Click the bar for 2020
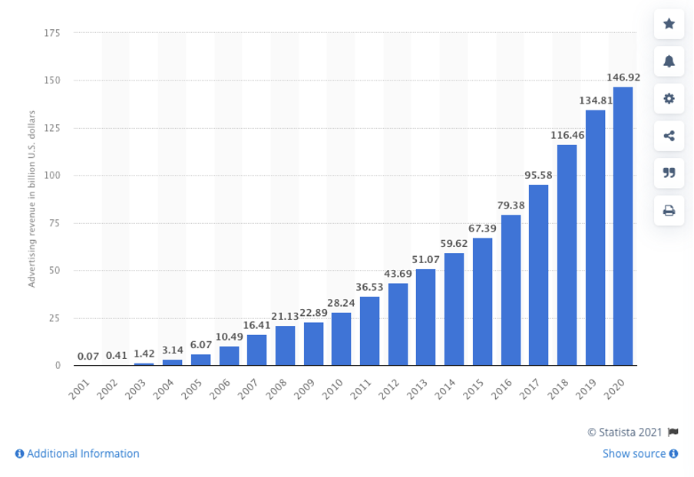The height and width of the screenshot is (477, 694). (623, 226)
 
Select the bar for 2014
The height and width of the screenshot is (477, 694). (454, 309)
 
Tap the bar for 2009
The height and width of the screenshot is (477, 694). (313, 344)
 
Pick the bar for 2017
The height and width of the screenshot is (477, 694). (538, 275)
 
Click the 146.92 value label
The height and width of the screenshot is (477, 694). (623, 77)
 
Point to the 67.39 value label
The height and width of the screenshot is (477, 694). (482, 229)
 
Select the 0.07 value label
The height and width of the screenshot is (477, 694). (88, 356)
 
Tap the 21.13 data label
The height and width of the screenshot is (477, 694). (285, 316)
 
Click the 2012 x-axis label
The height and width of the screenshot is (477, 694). (389, 389)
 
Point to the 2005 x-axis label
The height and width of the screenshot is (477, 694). (192, 389)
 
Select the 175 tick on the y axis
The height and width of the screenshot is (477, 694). (52, 33)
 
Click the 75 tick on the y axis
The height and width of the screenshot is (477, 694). (55, 223)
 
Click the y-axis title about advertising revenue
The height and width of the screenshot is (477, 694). (31, 199)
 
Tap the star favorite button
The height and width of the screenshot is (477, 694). (669, 24)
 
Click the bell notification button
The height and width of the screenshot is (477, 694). (669, 61)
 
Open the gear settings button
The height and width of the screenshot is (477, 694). (669, 98)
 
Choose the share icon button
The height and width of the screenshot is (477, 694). (669, 136)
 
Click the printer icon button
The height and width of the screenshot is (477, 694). (669, 210)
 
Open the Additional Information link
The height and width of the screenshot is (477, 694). (78, 453)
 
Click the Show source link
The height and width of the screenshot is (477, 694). (640, 453)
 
